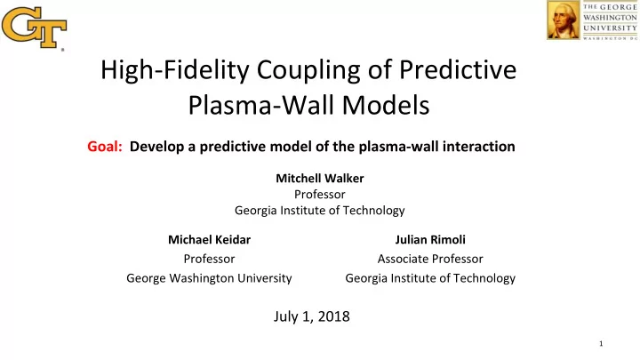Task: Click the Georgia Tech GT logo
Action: click(x=35, y=28)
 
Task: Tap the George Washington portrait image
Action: click(x=564, y=20)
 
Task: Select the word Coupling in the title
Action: click(x=308, y=70)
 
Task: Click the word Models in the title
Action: click(x=386, y=105)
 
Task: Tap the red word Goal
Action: click(x=105, y=146)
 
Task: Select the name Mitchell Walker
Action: click(x=320, y=178)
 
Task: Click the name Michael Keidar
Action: click(x=210, y=240)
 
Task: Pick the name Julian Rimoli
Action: click(x=430, y=240)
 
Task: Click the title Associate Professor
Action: click(x=430, y=259)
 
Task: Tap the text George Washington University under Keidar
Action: click(x=209, y=278)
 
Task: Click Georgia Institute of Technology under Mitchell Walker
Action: click(x=320, y=210)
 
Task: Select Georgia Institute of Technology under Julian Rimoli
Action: click(x=430, y=278)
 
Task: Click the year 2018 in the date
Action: click(x=334, y=316)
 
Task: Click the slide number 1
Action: click(x=601, y=344)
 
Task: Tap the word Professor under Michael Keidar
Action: click(x=209, y=259)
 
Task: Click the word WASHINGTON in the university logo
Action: click(x=610, y=18)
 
